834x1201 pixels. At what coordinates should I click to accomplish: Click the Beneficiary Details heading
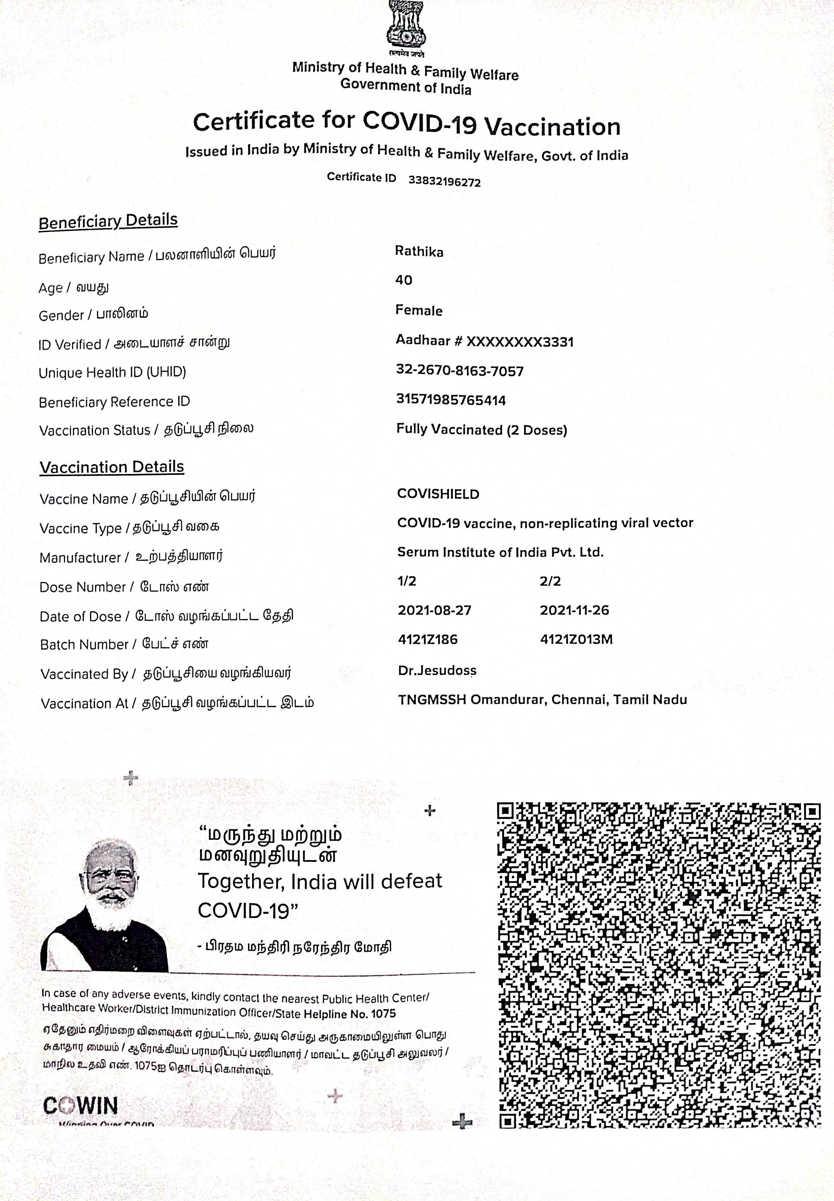point(108,221)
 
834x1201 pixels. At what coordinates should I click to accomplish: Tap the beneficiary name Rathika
point(419,252)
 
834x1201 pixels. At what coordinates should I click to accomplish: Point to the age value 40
point(403,280)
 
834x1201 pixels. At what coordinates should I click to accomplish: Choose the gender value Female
point(419,311)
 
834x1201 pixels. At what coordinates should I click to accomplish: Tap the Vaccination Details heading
point(112,467)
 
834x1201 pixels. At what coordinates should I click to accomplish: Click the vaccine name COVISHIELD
point(438,494)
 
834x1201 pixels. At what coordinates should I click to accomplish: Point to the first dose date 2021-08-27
point(434,610)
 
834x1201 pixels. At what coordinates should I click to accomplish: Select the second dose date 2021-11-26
point(574,610)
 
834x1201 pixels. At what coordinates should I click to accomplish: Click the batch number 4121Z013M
point(576,639)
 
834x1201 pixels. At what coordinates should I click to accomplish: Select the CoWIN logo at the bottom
point(80,1106)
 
